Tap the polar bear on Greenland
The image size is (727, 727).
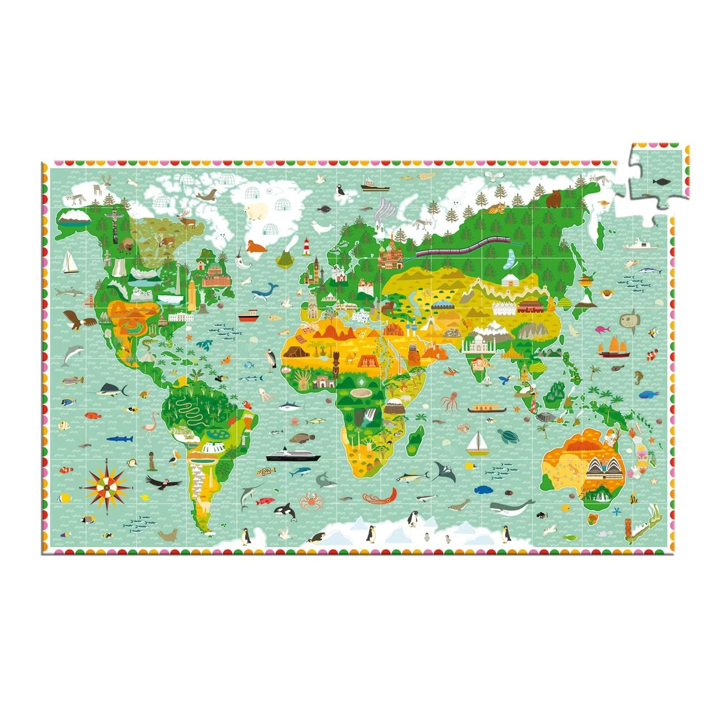pyautogui.click(x=256, y=211)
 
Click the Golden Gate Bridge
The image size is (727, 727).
pyautogui.click(x=92, y=301)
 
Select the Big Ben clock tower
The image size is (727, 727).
pyautogui.click(x=316, y=269)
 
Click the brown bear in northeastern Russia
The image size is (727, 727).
pyautogui.click(x=554, y=198)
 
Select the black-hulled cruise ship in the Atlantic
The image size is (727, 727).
pyautogui.click(x=293, y=455)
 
